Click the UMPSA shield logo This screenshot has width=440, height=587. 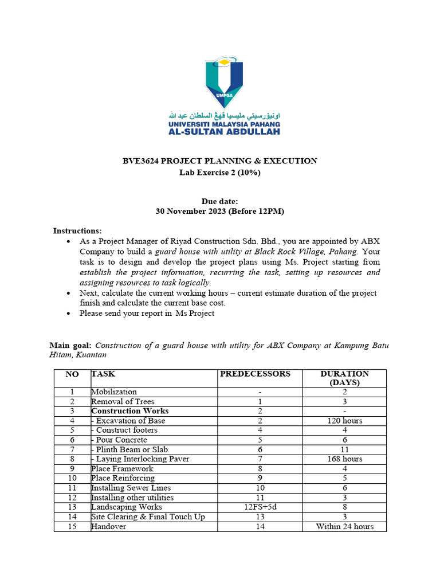click(224, 83)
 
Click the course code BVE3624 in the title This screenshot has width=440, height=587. click(142, 161)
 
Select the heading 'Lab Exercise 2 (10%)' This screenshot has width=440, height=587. click(219, 173)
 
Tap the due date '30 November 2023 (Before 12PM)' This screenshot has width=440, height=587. click(219, 211)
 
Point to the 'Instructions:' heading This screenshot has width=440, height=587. click(77, 230)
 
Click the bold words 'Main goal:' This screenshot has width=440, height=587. click(70, 346)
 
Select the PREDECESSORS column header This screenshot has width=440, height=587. click(255, 374)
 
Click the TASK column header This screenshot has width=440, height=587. click(103, 374)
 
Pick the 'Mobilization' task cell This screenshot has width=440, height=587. click(114, 392)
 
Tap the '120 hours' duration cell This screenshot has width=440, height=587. click(345, 421)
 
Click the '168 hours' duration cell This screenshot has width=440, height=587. click(345, 459)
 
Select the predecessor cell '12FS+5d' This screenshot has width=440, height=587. click(260, 507)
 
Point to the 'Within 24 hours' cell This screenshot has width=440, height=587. click(345, 526)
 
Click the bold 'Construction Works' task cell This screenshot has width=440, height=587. click(129, 411)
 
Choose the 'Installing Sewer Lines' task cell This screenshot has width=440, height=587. click(131, 488)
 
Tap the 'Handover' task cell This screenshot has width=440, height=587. click(108, 526)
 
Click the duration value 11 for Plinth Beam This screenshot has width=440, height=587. click(345, 449)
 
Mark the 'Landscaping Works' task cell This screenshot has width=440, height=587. click(127, 507)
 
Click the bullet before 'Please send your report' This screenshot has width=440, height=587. click(69, 314)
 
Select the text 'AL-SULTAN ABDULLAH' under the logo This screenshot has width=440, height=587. click(224, 132)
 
